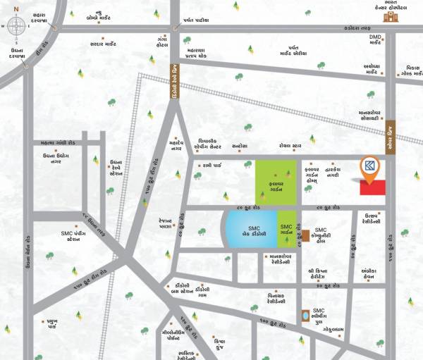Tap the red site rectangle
coord(372,187)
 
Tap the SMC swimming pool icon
coord(305,315)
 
